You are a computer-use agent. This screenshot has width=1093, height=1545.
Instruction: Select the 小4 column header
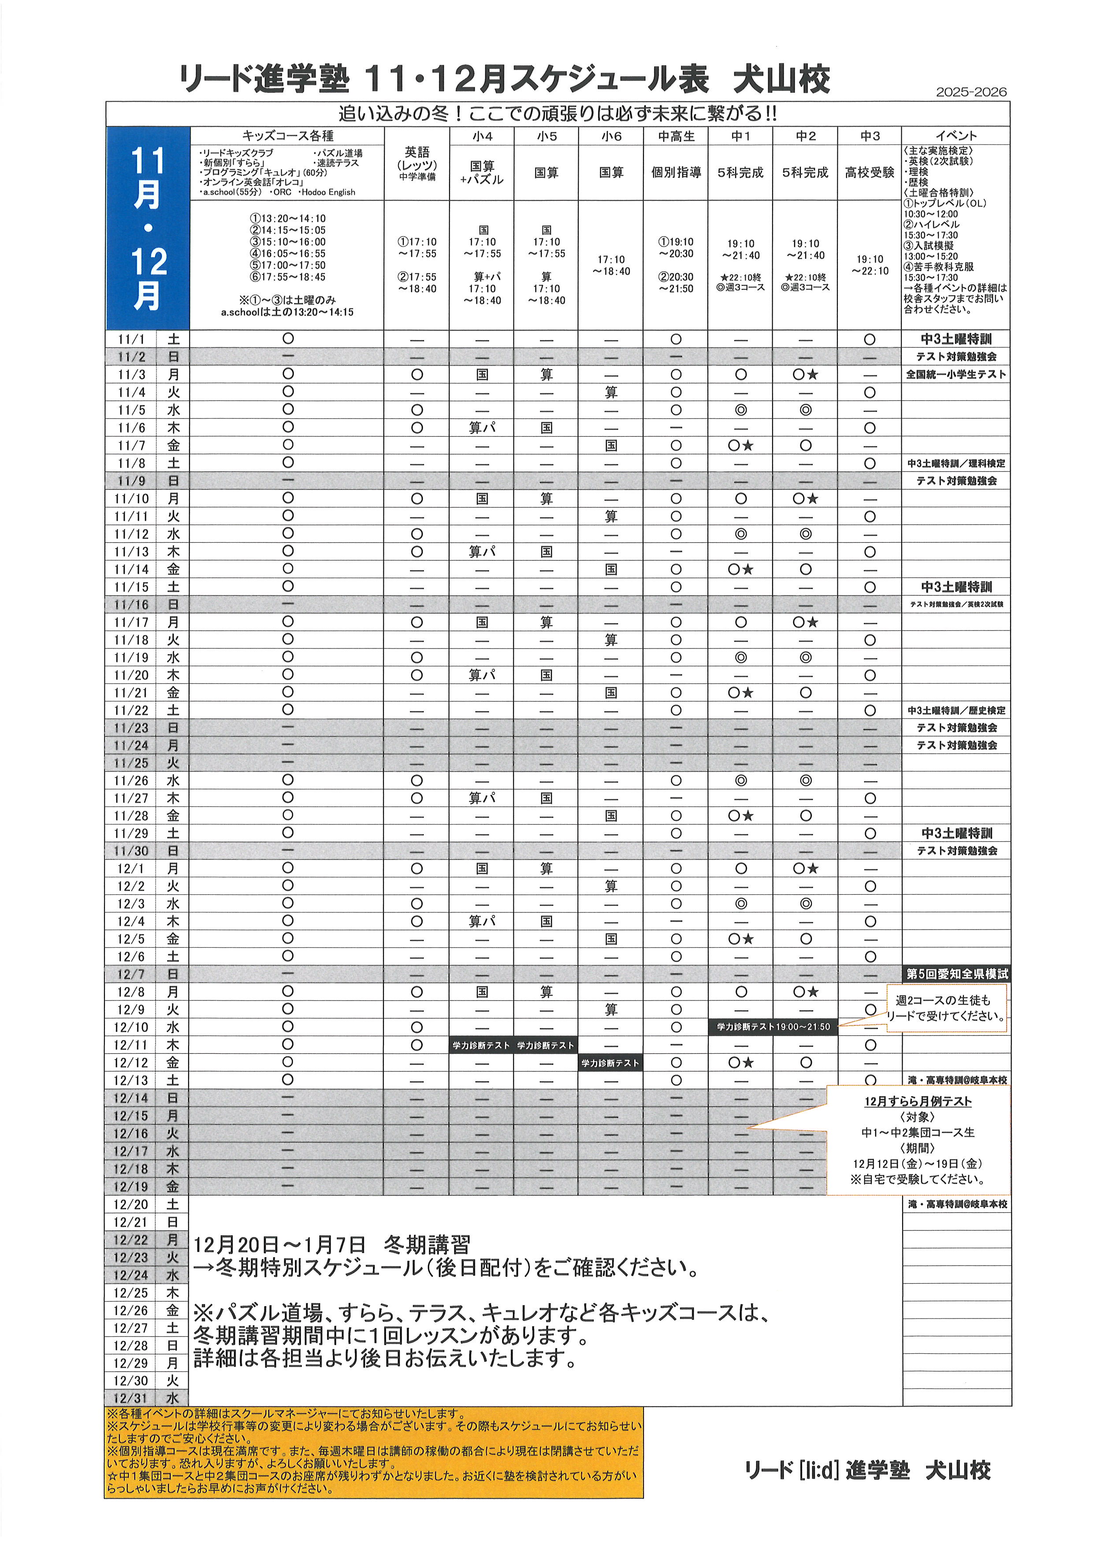pyautogui.click(x=482, y=137)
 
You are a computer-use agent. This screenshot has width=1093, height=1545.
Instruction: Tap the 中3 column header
pyautogui.click(x=870, y=137)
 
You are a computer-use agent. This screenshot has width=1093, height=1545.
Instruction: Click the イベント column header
pyautogui.click(x=955, y=136)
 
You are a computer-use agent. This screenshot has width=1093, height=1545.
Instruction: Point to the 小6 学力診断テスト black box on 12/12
pyautogui.click(x=610, y=1063)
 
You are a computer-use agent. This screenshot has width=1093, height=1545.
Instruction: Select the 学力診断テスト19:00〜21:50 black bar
pyautogui.click(x=773, y=1027)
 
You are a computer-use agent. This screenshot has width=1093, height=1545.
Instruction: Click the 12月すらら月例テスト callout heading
pyautogui.click(x=918, y=1101)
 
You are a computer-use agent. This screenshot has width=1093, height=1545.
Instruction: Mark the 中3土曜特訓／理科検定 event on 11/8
pyautogui.click(x=955, y=463)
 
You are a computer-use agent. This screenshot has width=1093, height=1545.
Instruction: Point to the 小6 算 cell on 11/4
pyautogui.click(x=610, y=392)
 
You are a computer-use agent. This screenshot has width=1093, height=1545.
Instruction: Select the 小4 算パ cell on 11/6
pyautogui.click(x=482, y=428)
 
